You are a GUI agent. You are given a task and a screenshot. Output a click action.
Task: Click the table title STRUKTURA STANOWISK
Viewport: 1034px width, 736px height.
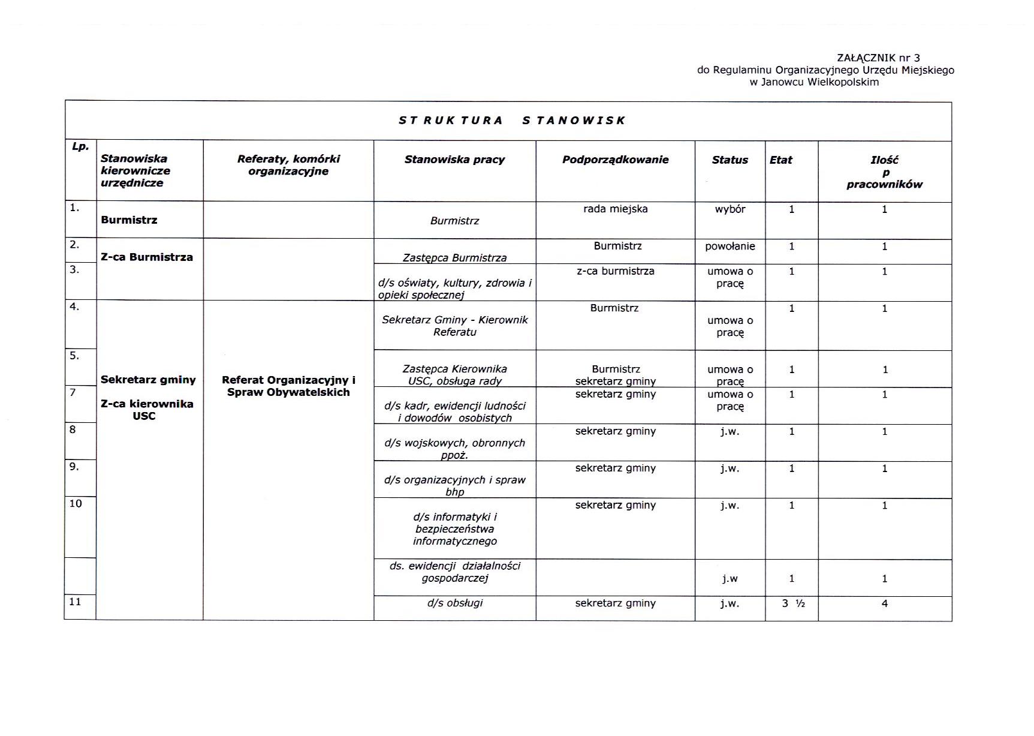click(x=512, y=121)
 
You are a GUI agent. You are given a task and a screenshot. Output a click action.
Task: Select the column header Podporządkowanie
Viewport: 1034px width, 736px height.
click(x=615, y=160)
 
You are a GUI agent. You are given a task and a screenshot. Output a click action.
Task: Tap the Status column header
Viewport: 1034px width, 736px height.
click(x=729, y=160)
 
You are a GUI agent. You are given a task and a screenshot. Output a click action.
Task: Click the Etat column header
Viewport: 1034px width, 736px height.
click(x=780, y=160)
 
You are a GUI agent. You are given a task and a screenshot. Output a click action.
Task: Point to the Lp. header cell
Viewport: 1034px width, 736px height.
click(x=80, y=146)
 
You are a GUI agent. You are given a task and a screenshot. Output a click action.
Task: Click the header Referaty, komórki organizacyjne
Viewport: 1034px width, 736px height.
click(x=288, y=165)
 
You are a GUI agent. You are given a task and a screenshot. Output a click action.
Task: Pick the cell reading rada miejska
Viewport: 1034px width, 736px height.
click(x=615, y=209)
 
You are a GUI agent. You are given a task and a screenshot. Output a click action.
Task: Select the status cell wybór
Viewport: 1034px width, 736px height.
click(x=729, y=209)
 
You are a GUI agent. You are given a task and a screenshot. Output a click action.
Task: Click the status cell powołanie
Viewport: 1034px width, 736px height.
click(x=729, y=247)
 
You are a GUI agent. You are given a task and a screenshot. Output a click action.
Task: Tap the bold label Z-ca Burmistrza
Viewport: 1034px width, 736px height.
click(x=147, y=257)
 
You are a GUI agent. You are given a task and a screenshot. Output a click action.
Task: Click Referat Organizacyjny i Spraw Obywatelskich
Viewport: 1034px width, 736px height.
click(x=288, y=386)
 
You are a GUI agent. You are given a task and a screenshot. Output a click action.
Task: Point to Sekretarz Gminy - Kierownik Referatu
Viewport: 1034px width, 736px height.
click(x=454, y=326)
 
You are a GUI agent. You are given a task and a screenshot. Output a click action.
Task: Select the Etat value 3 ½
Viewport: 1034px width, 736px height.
click(x=793, y=603)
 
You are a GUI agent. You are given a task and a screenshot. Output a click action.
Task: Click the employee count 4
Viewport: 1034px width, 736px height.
click(x=884, y=603)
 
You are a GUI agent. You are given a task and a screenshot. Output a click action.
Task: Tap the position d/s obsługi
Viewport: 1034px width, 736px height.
click(x=454, y=603)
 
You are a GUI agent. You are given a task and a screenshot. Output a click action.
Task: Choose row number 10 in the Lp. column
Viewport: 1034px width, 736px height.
click(x=76, y=504)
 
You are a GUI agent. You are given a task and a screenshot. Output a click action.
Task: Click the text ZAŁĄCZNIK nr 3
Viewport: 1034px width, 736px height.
click(x=878, y=58)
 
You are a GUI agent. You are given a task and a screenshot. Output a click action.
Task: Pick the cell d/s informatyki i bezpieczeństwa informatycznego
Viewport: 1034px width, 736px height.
click(x=454, y=529)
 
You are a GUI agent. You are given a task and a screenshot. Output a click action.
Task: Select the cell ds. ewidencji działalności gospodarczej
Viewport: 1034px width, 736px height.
click(x=454, y=572)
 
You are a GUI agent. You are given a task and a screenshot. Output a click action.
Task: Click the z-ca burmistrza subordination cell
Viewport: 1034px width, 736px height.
click(x=615, y=271)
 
